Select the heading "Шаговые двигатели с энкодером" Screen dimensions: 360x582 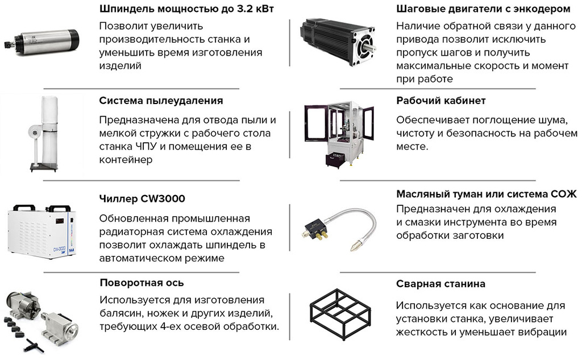click(x=483, y=9)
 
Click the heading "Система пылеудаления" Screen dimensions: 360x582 click(x=161, y=101)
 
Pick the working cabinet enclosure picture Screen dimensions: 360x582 click(x=339, y=134)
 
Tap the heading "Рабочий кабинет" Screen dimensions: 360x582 click(x=441, y=101)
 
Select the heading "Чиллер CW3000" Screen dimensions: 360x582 click(x=142, y=199)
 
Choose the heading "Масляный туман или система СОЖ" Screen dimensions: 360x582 click(x=487, y=194)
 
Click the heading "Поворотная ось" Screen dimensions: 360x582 click(x=142, y=283)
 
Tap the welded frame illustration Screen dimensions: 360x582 click(x=340, y=313)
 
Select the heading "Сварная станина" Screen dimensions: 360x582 click(x=440, y=284)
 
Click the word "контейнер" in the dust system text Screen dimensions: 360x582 click(x=126, y=160)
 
